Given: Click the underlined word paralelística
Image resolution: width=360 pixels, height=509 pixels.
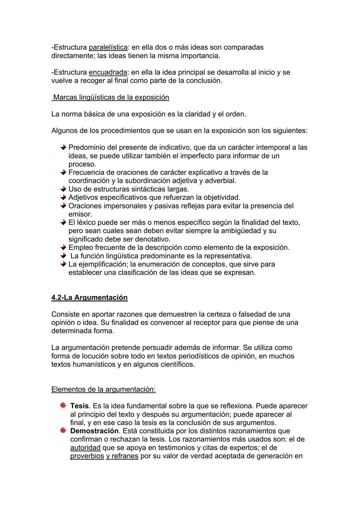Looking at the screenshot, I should click(x=108, y=47).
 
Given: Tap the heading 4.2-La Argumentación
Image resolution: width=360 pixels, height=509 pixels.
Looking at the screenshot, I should click(x=89, y=297).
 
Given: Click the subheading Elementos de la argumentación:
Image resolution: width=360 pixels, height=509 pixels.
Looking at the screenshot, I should click(x=103, y=389).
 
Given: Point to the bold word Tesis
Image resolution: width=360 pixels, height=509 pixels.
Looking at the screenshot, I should click(x=79, y=406).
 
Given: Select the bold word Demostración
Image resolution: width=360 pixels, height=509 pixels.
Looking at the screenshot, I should click(x=94, y=431).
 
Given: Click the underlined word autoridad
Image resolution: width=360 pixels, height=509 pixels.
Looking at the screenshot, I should click(x=85, y=448).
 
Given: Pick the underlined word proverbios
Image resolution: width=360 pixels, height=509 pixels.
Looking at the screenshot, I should click(x=87, y=456).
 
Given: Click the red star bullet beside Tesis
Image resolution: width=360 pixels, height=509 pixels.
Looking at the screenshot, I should click(x=63, y=406).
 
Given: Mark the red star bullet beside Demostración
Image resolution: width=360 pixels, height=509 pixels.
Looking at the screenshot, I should click(x=63, y=431).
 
